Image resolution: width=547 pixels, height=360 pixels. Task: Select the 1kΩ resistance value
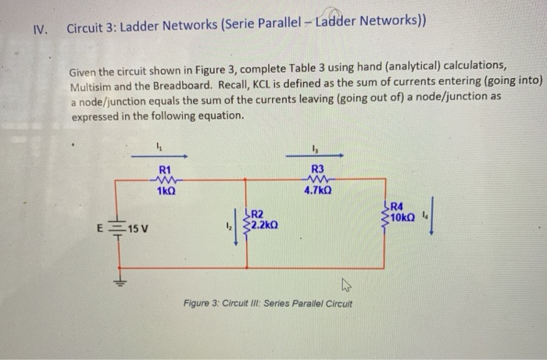click(x=165, y=191)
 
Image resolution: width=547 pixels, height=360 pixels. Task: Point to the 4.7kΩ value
click(x=316, y=190)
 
